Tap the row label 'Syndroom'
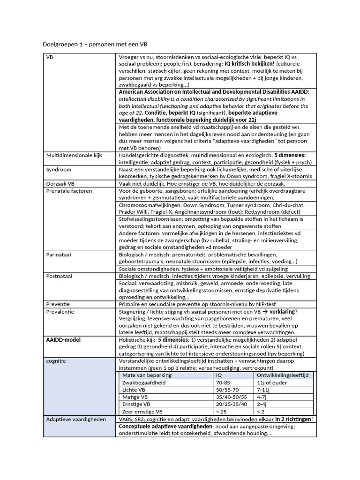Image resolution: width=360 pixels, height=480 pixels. point(59,169)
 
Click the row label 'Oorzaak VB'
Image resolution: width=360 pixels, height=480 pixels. point(60,184)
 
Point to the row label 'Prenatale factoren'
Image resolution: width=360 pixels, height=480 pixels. point(69,191)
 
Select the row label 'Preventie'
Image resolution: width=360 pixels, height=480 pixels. point(58,304)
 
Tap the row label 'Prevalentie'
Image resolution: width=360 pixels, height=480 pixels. point(60,311)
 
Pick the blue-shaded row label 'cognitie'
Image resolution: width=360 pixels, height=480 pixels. point(56,361)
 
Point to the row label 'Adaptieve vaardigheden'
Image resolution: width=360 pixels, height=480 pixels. point(75,419)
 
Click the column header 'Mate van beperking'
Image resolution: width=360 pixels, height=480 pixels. point(147,375)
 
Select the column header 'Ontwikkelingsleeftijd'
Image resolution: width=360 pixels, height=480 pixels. point(282,375)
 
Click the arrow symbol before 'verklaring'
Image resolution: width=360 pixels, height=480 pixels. point(264,311)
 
